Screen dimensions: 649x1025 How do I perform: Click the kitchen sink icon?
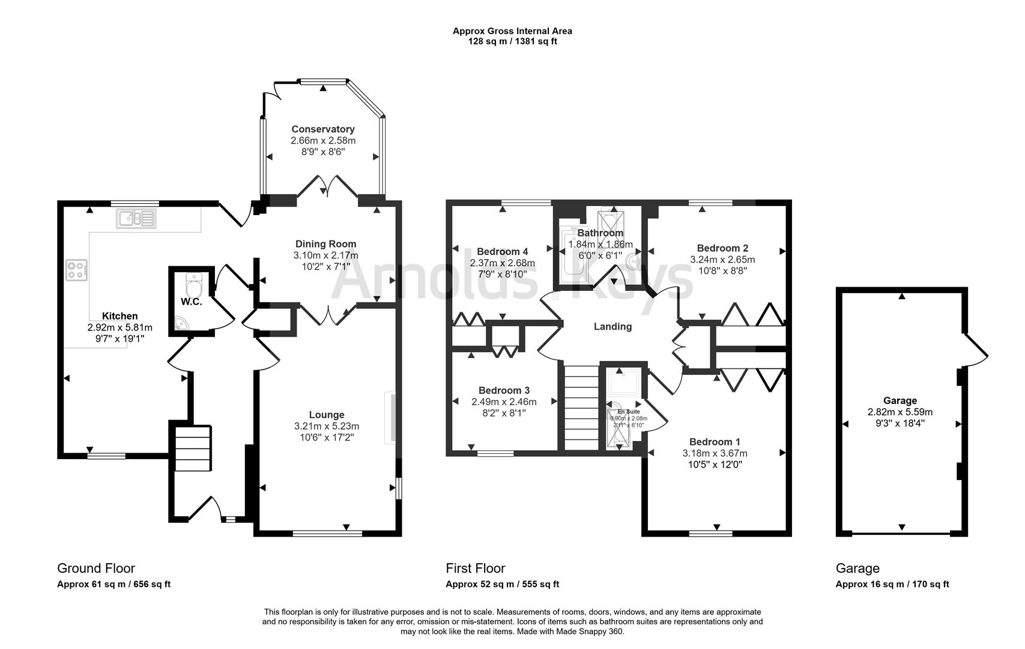click(136, 219)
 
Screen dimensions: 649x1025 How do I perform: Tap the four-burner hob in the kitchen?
click(77, 269)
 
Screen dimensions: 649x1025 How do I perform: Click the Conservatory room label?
click(323, 129)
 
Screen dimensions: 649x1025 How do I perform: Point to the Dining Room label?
click(325, 244)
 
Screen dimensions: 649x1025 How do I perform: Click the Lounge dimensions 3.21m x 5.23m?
click(327, 426)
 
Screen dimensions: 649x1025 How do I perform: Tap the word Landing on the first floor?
click(612, 326)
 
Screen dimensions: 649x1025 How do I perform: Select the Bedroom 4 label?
click(502, 251)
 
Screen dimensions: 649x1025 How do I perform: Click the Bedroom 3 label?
click(504, 390)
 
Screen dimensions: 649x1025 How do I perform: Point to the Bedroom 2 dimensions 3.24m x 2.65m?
click(722, 260)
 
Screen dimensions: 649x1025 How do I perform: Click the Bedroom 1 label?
click(715, 442)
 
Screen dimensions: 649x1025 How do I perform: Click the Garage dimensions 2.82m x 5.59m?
click(900, 412)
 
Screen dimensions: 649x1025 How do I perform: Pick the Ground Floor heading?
click(96, 568)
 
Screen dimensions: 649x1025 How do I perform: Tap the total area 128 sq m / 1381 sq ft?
click(512, 41)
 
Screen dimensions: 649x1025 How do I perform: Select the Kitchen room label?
click(119, 316)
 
